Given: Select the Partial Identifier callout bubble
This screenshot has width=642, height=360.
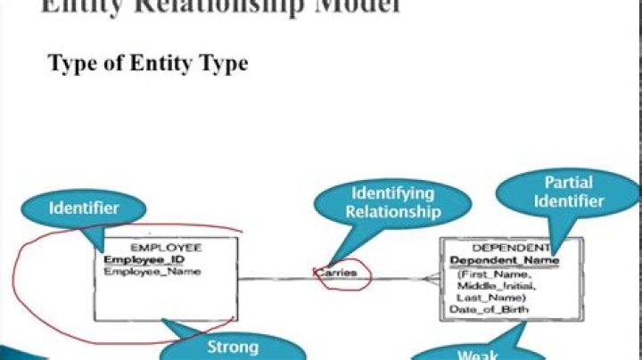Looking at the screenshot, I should pyautogui.click(x=569, y=192).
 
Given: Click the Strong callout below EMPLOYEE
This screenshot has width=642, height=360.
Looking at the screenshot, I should pyautogui.click(x=233, y=347).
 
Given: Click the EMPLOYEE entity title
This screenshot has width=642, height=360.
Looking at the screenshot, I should pyautogui.click(x=166, y=247).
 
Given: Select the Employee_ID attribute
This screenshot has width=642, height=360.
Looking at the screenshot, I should pyautogui.click(x=145, y=259).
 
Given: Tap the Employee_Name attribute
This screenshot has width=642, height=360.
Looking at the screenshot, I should pyautogui.click(x=152, y=271).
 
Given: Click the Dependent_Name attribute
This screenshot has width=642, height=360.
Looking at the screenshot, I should pyautogui.click(x=505, y=260).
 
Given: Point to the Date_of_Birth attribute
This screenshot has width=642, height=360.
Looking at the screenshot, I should pyautogui.click(x=490, y=309).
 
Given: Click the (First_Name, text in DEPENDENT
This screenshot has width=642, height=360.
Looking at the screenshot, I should pyautogui.click(x=489, y=276).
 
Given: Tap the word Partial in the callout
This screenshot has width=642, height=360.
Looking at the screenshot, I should pyautogui.click(x=569, y=182).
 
